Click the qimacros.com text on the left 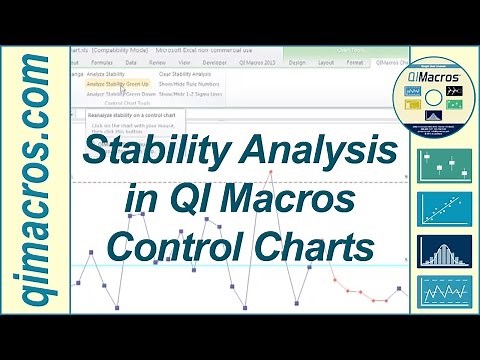click(34, 180)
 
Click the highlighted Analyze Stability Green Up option click(117, 84)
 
